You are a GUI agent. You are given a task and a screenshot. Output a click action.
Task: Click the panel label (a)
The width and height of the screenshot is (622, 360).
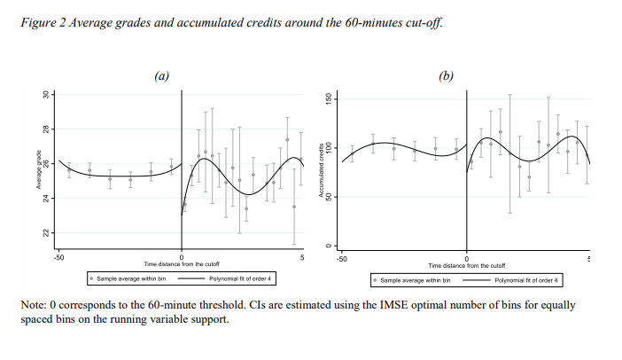(x=161, y=76)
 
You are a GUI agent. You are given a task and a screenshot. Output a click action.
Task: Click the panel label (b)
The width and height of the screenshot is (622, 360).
(x=447, y=76)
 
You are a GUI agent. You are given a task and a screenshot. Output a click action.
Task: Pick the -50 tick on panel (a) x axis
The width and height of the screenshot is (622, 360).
(x=58, y=258)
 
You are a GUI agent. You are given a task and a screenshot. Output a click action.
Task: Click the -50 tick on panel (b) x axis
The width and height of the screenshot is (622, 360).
(x=344, y=258)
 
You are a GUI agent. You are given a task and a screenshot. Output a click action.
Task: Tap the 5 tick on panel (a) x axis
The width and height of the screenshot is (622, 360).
(x=302, y=258)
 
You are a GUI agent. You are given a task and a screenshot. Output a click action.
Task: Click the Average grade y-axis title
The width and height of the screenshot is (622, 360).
(x=39, y=171)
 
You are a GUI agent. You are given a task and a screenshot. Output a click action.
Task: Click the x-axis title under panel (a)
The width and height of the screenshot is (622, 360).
(x=181, y=265)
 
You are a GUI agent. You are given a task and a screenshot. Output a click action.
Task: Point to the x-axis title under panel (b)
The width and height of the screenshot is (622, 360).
(x=466, y=265)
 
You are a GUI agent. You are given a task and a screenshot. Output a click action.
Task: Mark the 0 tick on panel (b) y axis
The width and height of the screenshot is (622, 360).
(x=328, y=246)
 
